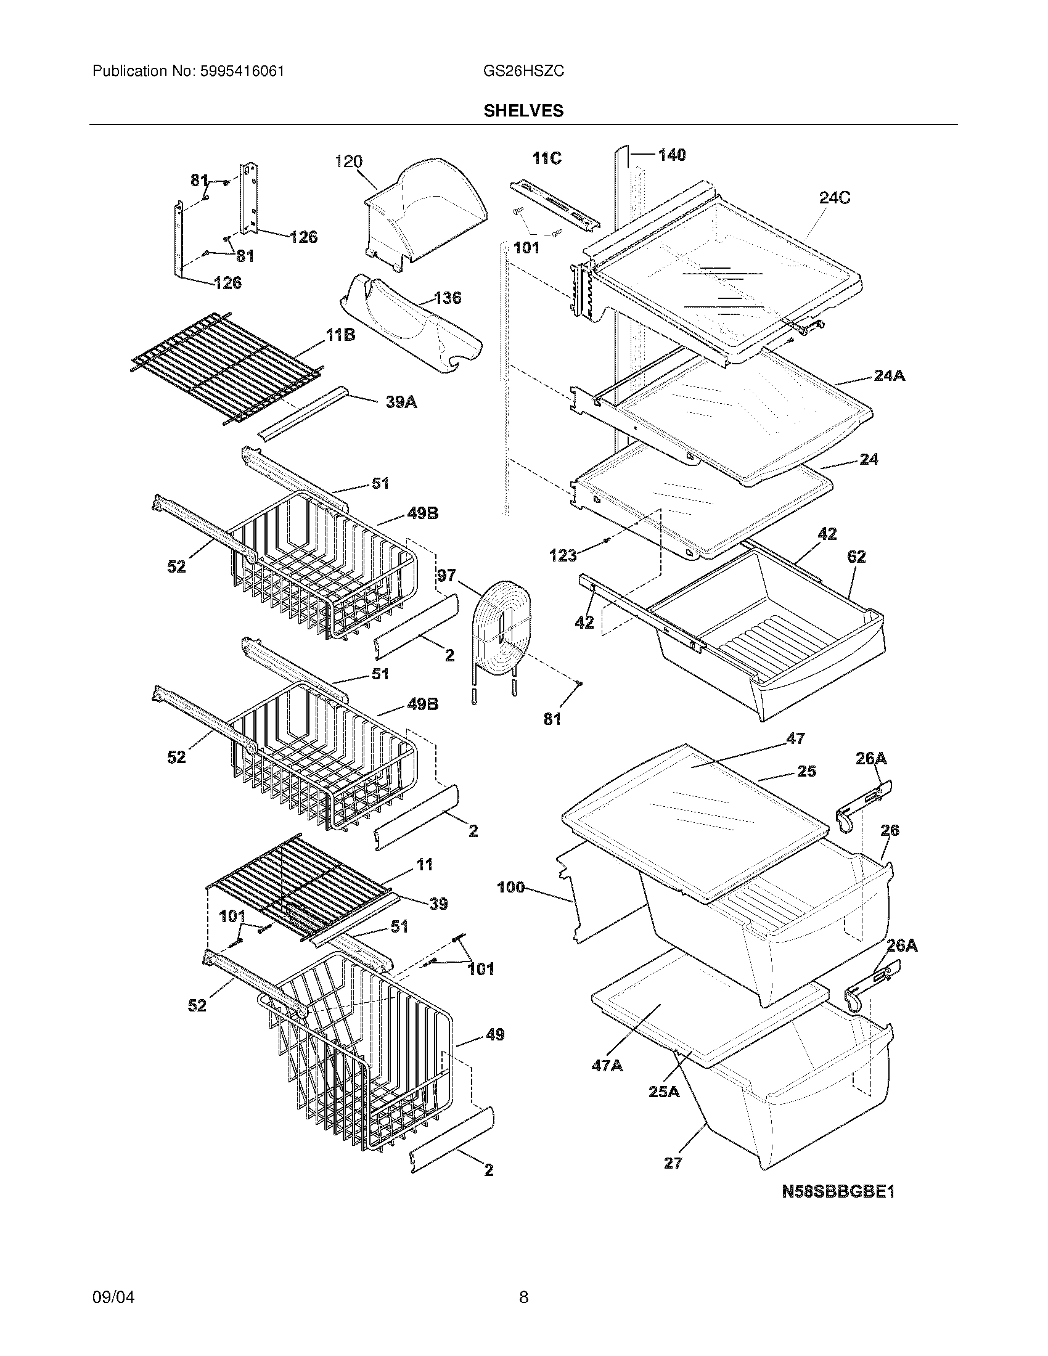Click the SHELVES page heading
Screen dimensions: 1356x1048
point(523,110)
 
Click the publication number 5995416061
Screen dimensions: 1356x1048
point(242,71)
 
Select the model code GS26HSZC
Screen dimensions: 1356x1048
point(523,71)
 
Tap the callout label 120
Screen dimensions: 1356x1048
point(348,161)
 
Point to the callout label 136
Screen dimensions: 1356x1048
point(447,298)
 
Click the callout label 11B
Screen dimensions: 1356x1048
point(341,336)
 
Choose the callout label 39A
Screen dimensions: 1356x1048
point(401,402)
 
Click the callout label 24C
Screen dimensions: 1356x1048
point(835,197)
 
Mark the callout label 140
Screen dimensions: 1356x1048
point(672,155)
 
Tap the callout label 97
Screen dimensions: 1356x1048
point(446,576)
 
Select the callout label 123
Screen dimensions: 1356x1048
point(562,555)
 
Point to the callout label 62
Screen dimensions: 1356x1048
point(856,557)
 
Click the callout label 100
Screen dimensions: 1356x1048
point(511,888)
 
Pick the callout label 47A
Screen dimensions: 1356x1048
point(607,1066)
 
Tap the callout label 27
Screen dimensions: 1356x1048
point(673,1164)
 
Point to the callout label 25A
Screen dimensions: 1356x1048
point(664,1092)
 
